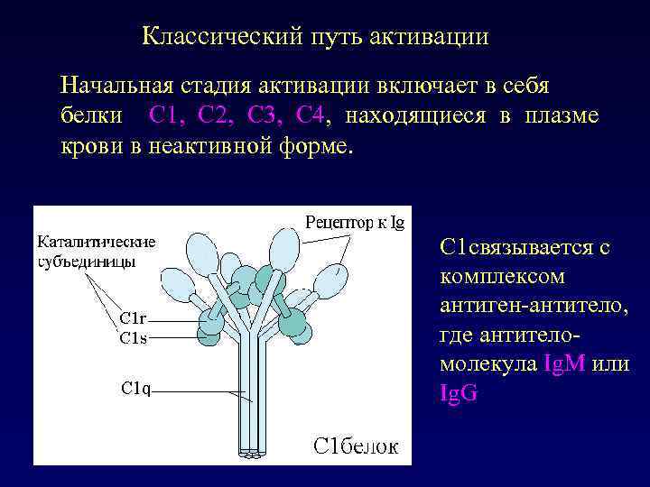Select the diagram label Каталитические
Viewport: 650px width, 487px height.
[97, 242]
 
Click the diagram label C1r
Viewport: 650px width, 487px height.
[134, 318]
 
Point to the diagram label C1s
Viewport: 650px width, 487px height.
[134, 338]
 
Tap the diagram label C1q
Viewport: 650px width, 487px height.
[136, 388]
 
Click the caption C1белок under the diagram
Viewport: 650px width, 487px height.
[355, 446]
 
